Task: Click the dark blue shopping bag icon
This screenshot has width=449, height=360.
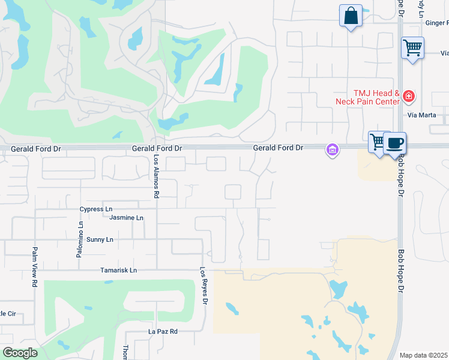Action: click(351, 16)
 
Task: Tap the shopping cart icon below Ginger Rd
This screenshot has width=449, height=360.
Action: click(412, 47)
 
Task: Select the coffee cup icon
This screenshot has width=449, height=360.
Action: click(395, 143)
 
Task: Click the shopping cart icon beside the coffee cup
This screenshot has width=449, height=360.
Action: click(378, 142)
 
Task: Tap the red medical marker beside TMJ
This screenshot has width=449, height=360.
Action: click(409, 95)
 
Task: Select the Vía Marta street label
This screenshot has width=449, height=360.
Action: click(420, 115)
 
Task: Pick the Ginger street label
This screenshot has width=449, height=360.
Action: click(436, 23)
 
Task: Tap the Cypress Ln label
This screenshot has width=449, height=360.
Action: click(96, 209)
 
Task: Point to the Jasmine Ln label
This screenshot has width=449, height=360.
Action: click(127, 218)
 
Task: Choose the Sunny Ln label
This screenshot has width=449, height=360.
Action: click(100, 239)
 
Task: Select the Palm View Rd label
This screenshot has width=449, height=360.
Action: click(35, 266)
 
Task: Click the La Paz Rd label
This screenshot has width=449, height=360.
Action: click(163, 331)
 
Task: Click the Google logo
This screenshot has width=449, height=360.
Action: click(20, 353)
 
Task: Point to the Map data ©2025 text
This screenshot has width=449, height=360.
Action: click(424, 355)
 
